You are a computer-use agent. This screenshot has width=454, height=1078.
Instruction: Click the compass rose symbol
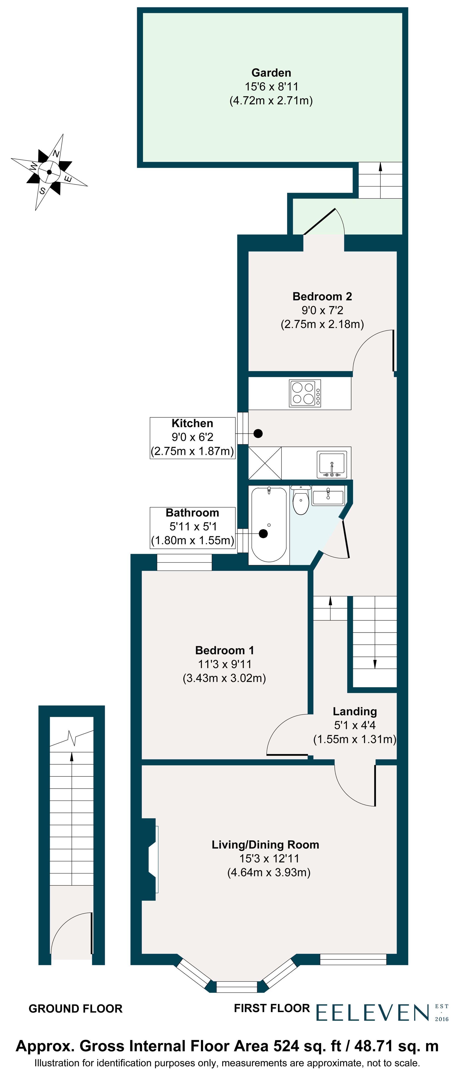tap(49, 172)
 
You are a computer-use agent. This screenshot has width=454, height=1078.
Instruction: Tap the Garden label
tap(271, 73)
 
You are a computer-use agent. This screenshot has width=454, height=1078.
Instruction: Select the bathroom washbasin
tap(328, 496)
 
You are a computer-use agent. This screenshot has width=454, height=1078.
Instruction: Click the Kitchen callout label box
tap(192, 438)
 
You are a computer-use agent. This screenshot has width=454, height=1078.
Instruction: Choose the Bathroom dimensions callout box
tap(192, 527)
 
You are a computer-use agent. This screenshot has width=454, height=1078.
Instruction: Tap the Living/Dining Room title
tap(265, 845)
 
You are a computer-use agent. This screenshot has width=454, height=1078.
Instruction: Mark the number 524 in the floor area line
tap(286, 1046)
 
